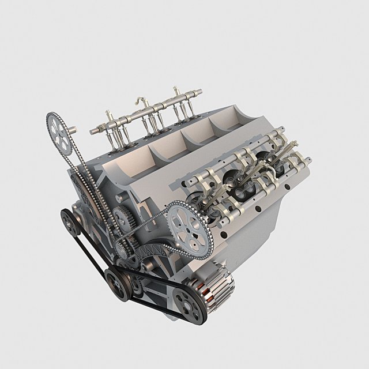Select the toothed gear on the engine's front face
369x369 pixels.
[x=122, y=218]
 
